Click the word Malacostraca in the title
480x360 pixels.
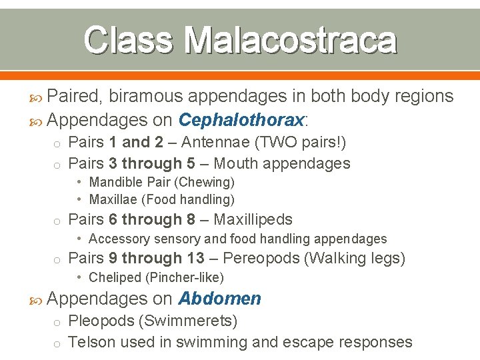click(x=291, y=39)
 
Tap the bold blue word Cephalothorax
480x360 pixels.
click(x=241, y=120)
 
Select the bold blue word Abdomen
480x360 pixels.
click(x=220, y=299)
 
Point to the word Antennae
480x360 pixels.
click(x=212, y=142)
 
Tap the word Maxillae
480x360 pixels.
click(x=113, y=199)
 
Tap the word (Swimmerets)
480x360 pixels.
click(x=187, y=321)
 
